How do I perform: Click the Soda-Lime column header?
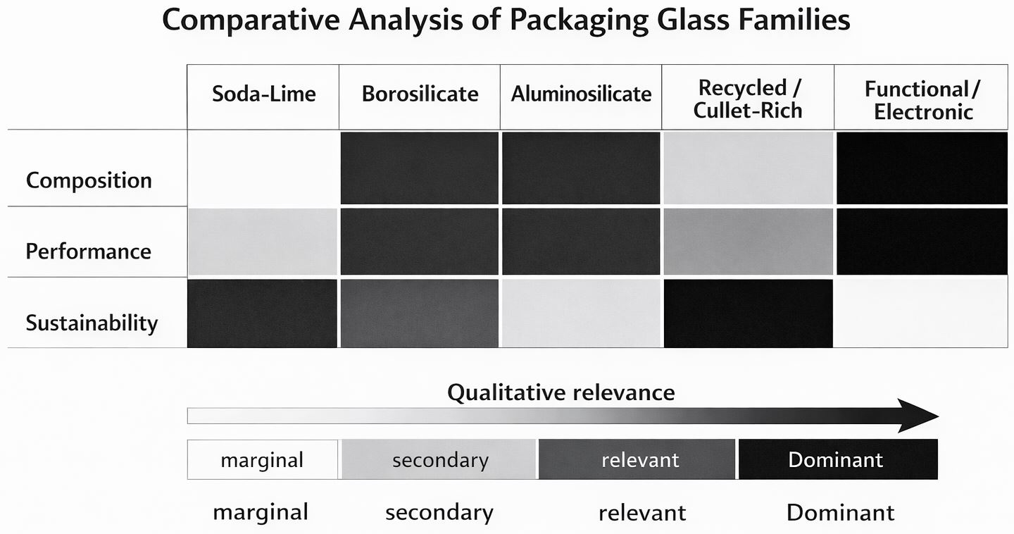click(263, 94)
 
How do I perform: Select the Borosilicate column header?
click(420, 94)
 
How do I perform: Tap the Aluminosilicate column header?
click(581, 94)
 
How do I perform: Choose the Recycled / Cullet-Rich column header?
click(748, 99)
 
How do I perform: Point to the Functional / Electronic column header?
click(922, 100)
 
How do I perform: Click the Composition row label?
click(89, 180)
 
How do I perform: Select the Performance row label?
click(89, 252)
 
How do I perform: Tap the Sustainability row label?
click(92, 323)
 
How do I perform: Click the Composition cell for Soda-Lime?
click(263, 168)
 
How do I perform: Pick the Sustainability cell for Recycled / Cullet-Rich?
click(748, 313)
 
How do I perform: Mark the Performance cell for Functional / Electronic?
click(922, 241)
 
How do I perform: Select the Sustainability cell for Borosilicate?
click(420, 313)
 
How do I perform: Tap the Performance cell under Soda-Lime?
click(263, 241)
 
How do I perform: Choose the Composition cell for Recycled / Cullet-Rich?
click(748, 168)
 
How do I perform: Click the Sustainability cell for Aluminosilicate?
click(581, 313)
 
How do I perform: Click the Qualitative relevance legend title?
click(561, 392)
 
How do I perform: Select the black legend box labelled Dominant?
click(838, 459)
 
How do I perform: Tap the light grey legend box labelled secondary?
click(439, 459)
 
